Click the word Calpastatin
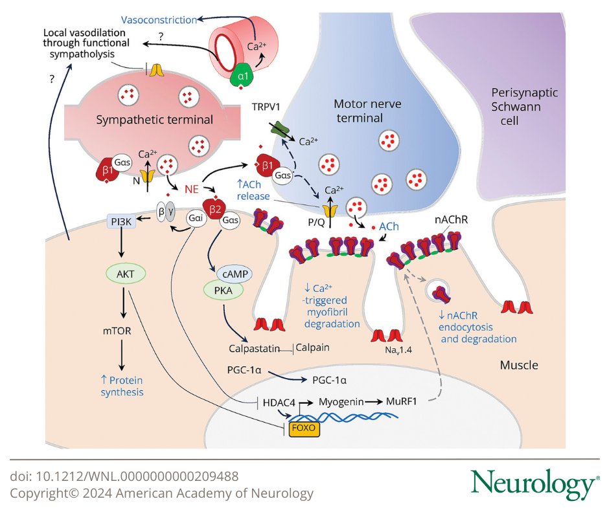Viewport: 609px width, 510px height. [253, 348]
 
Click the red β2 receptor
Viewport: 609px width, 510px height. [213, 207]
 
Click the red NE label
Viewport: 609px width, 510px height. [191, 190]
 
